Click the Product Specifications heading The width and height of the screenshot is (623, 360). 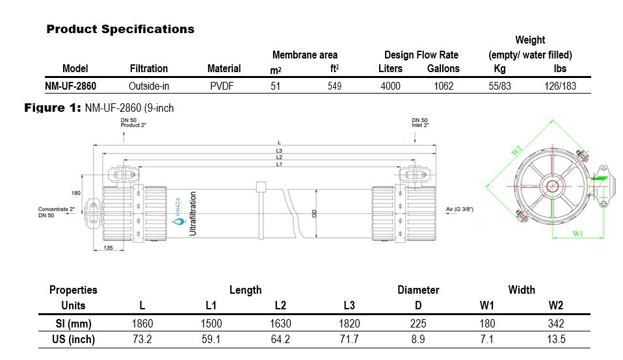120,29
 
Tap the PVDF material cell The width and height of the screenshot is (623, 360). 224,86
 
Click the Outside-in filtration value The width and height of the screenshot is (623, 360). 148,86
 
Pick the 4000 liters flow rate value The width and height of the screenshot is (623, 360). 390,86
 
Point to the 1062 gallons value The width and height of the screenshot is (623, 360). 444,86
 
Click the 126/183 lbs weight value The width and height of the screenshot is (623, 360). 560,86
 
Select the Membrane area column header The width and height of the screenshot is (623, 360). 304,55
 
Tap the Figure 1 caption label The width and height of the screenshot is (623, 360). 52,108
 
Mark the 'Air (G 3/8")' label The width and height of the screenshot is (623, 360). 459,209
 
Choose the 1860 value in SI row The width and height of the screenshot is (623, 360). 142,324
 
